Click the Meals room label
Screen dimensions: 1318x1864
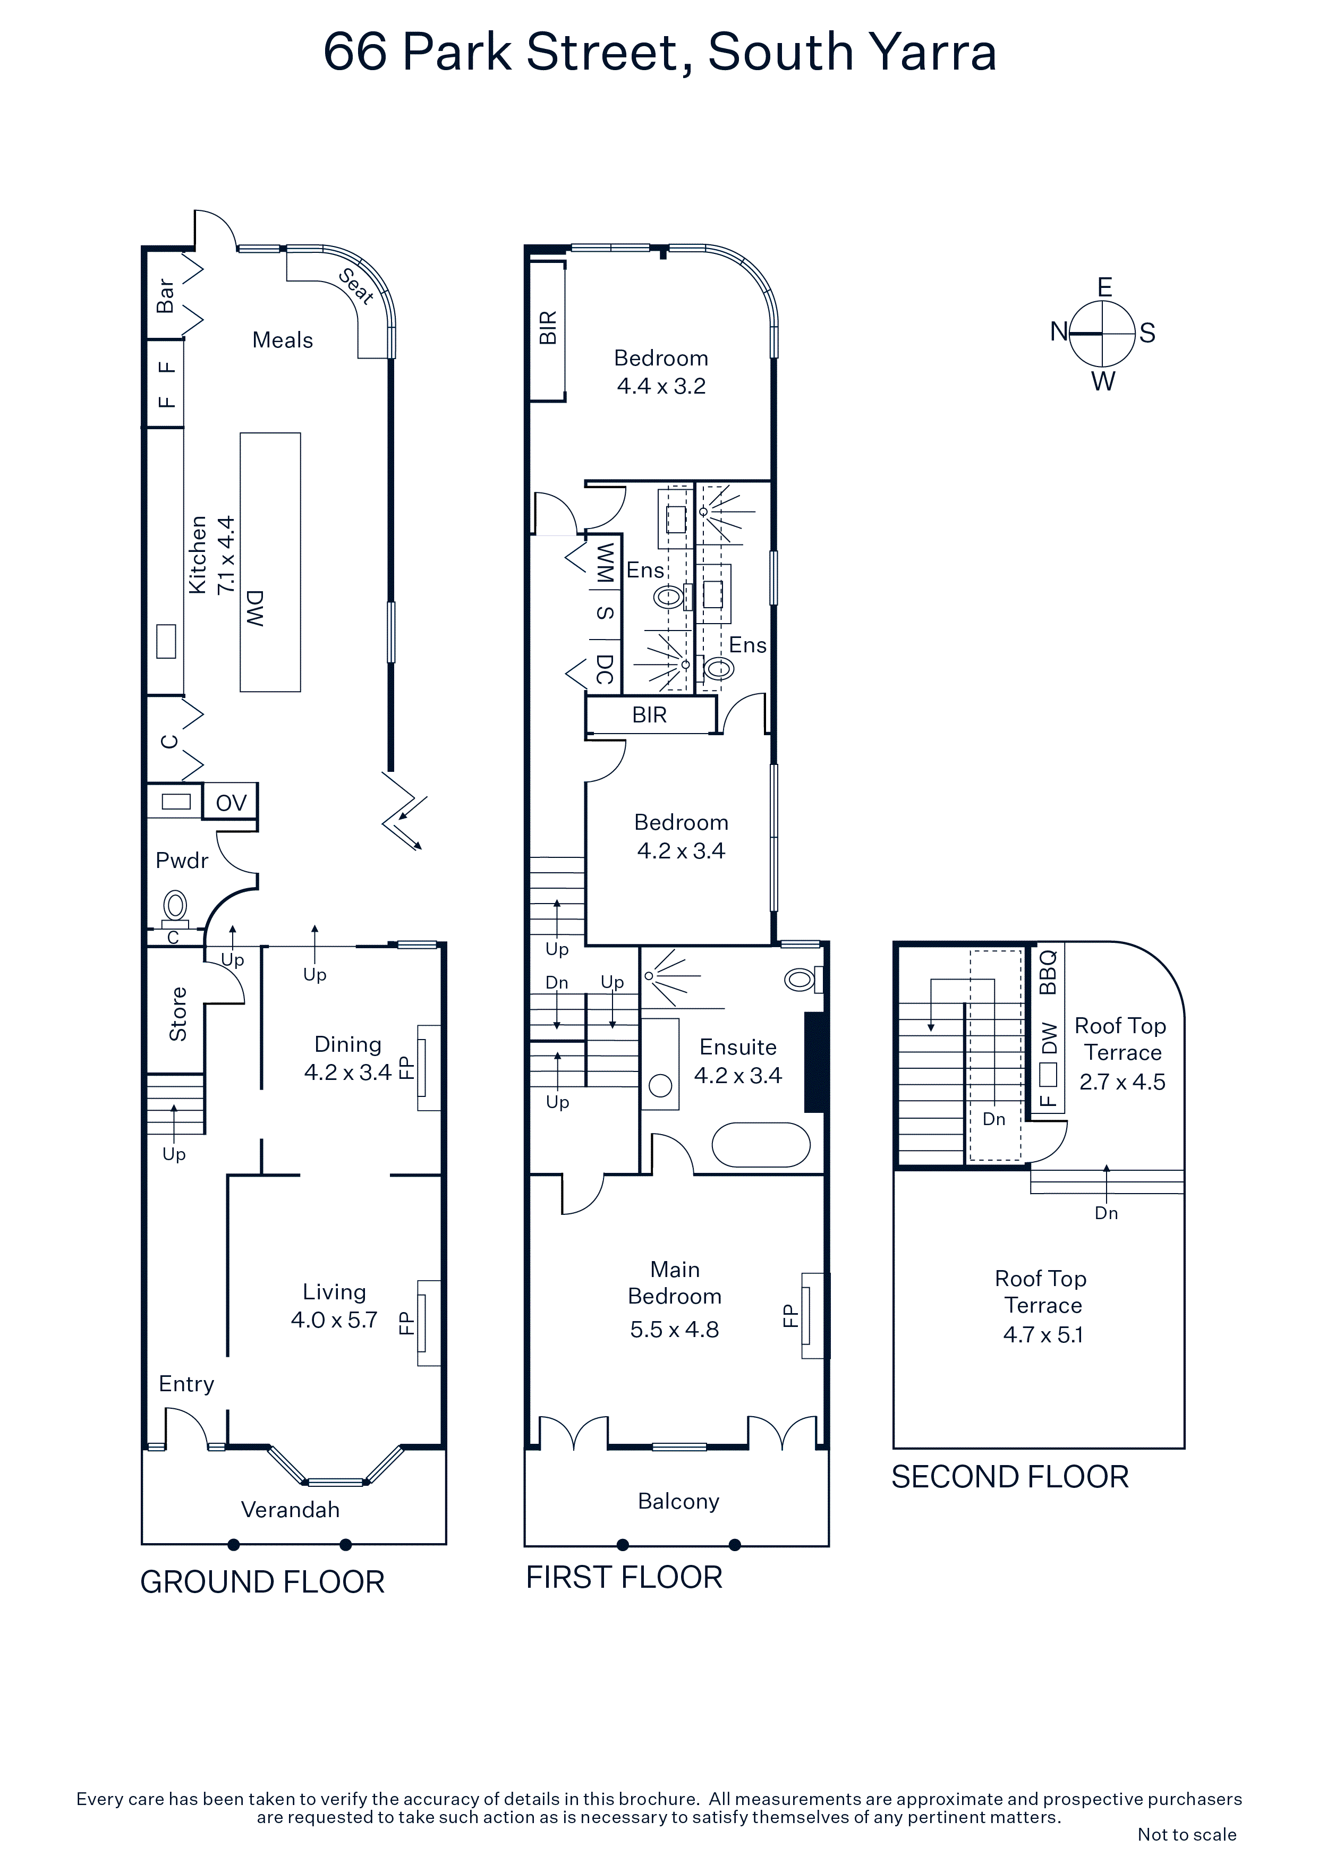coord(283,340)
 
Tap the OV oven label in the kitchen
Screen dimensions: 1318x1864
coord(231,803)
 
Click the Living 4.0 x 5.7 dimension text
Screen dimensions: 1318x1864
coord(334,1320)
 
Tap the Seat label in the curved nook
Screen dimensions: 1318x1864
coord(356,286)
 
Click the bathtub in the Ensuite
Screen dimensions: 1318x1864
coord(761,1145)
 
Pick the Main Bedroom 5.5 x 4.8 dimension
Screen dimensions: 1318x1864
coord(675,1329)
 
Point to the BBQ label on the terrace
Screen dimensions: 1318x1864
coord(1048,971)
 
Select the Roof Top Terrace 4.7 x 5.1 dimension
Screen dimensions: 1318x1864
coord(1043,1335)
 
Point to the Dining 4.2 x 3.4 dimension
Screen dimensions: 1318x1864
coord(347,1073)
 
